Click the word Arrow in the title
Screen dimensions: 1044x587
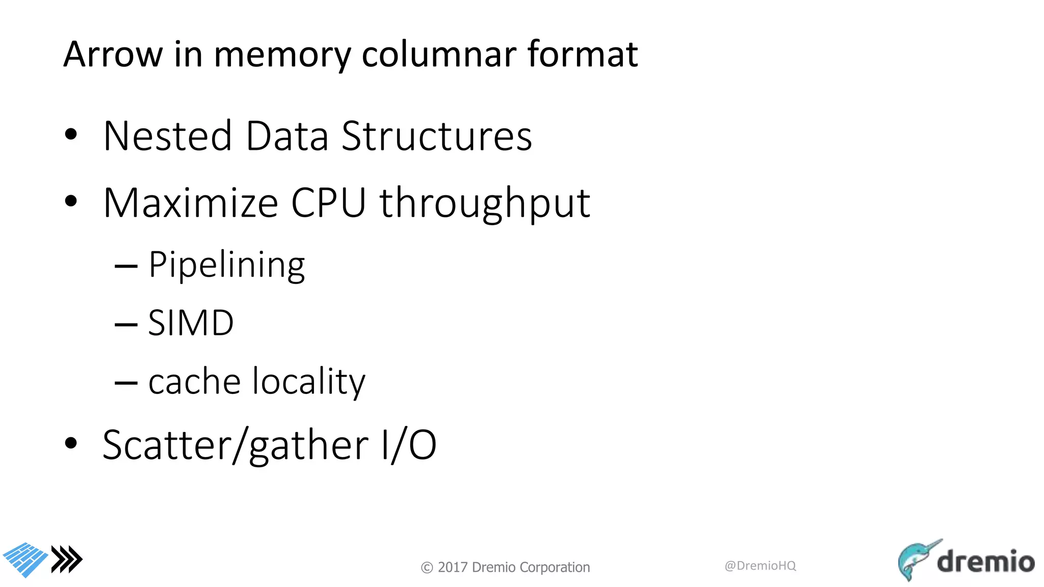[x=113, y=54]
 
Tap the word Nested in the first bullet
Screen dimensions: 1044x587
[x=168, y=136]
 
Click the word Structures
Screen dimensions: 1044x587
[x=436, y=136]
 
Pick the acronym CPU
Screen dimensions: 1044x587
[x=328, y=203]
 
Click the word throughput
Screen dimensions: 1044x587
[x=485, y=204]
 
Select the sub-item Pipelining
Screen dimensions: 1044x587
[x=226, y=265]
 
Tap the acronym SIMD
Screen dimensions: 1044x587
[x=191, y=323]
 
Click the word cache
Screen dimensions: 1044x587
[x=194, y=382]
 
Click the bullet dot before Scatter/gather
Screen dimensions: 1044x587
[x=71, y=443]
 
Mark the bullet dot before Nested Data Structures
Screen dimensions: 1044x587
[x=71, y=135]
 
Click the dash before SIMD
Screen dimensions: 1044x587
[x=126, y=324]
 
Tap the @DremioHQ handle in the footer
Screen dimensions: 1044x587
[x=760, y=566]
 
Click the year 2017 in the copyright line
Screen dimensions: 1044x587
[x=453, y=567]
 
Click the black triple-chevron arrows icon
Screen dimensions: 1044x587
[x=67, y=559]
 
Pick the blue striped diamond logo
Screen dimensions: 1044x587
[x=25, y=559]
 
